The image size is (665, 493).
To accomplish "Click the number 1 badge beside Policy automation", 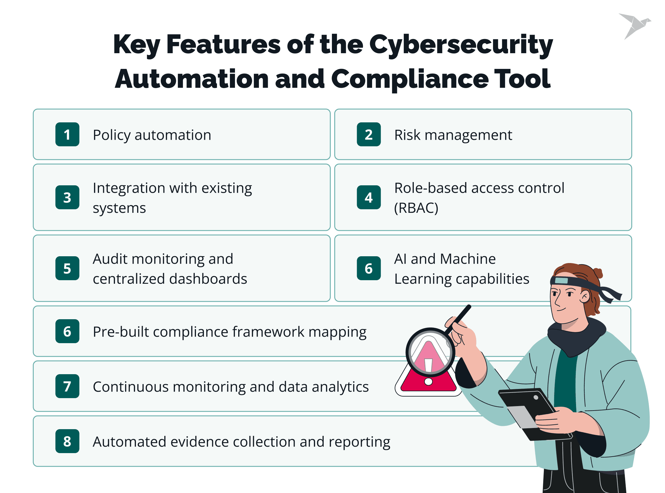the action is pyautogui.click(x=67, y=134).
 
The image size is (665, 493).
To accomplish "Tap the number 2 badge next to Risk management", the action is pyautogui.click(x=369, y=134).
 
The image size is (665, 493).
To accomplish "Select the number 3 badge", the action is pyautogui.click(x=67, y=197).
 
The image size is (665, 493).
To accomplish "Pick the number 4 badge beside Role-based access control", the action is pyautogui.click(x=369, y=197).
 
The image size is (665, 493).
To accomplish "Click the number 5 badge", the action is pyautogui.click(x=67, y=268).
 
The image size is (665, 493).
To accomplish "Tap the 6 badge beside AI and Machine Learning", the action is pyautogui.click(x=369, y=268).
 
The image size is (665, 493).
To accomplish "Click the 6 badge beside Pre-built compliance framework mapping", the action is pyautogui.click(x=67, y=331).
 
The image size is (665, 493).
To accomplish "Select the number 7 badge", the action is pyautogui.click(x=67, y=386).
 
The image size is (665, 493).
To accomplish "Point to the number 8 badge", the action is pyautogui.click(x=67, y=441).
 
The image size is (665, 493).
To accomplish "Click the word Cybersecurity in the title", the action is pyautogui.click(x=461, y=45).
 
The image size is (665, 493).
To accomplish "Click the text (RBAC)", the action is pyautogui.click(x=416, y=208).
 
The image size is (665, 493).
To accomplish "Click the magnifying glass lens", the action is pyautogui.click(x=430, y=352).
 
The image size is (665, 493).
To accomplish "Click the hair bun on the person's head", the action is pyautogui.click(x=598, y=273).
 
